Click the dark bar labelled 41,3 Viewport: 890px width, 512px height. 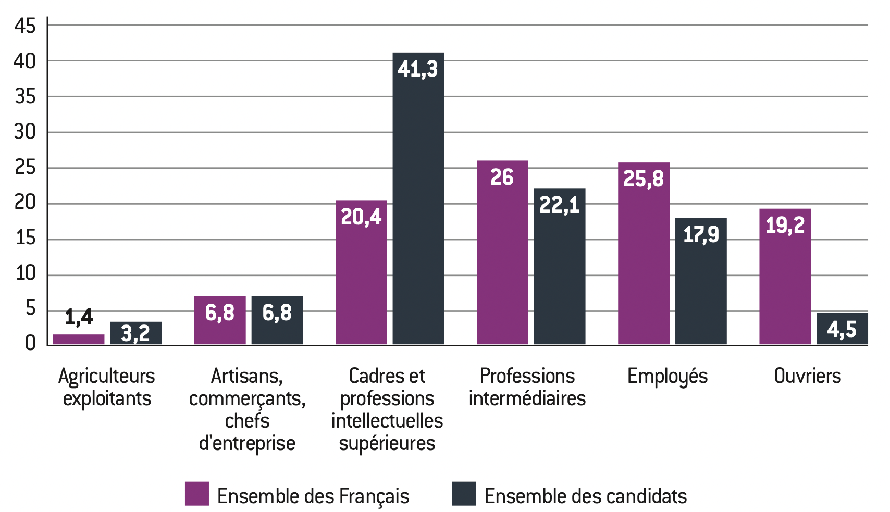click(418, 198)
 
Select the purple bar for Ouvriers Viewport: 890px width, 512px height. click(785, 276)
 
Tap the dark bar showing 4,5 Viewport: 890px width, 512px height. click(842, 329)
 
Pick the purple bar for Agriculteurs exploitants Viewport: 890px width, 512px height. click(79, 340)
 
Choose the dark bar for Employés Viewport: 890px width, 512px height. click(701, 281)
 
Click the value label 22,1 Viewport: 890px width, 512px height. click(559, 205)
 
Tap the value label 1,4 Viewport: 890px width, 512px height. click(79, 317)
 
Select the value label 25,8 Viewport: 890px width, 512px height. click(644, 179)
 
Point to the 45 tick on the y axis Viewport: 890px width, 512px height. click(25, 25)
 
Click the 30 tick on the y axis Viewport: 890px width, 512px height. click(25, 132)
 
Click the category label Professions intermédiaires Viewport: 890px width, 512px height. click(527, 387)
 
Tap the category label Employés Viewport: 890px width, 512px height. click(667, 376)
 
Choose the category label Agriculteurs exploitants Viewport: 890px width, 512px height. click(107, 387)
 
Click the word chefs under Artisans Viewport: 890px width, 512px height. click(247, 421)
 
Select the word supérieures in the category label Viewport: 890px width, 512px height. click(387, 443)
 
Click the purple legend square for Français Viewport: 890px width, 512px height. click(196, 494)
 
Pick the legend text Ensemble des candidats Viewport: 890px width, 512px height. click(585, 496)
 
